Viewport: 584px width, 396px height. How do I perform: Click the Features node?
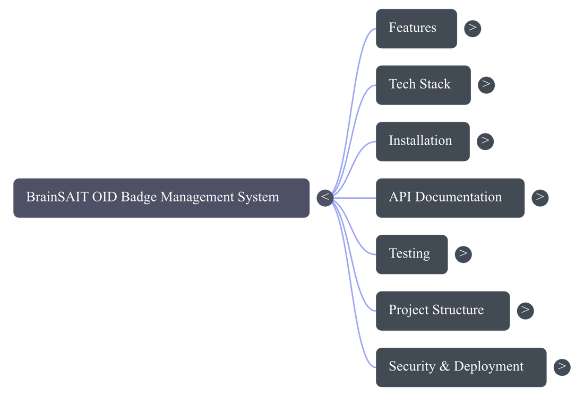(x=416, y=29)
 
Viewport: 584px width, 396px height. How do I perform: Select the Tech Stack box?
(x=423, y=85)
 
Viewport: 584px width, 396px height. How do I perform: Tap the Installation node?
(x=423, y=142)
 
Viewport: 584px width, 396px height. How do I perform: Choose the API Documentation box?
(x=450, y=198)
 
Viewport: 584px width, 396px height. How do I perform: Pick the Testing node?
(x=411, y=254)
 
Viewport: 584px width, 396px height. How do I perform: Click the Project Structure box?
(x=443, y=311)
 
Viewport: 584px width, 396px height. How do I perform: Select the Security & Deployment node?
(x=461, y=367)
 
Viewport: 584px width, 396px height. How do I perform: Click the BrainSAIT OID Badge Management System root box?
(x=161, y=198)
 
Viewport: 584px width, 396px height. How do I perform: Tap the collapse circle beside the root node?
(x=325, y=198)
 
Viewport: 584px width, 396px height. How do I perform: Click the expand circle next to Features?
(x=473, y=29)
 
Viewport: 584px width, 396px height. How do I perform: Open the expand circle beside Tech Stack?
(x=486, y=85)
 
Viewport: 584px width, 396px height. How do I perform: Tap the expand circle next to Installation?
(x=485, y=142)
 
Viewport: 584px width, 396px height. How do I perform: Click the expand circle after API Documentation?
(x=540, y=198)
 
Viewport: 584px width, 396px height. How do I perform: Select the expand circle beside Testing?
(x=463, y=254)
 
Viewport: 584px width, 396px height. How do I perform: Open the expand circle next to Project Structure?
(x=526, y=311)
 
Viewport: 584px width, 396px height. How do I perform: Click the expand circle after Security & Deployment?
(x=562, y=367)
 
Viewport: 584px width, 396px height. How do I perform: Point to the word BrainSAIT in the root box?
(x=57, y=197)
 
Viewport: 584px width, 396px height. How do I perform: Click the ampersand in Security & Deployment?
(x=444, y=366)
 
